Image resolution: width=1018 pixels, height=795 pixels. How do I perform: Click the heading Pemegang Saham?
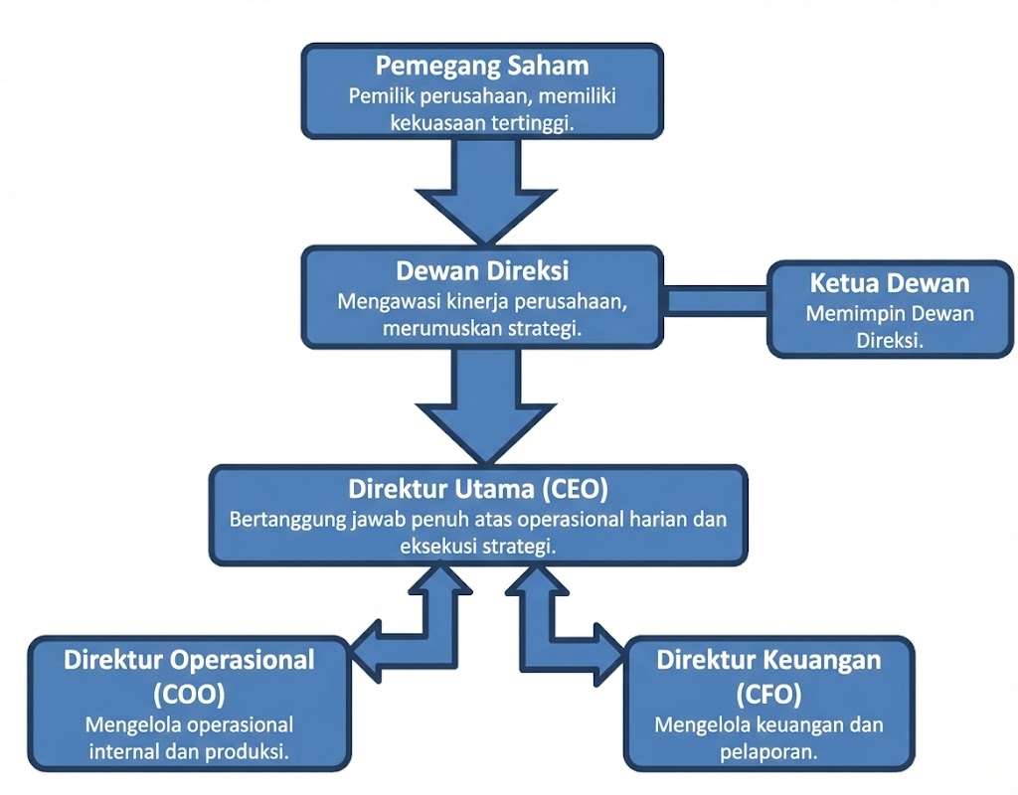coord(482,67)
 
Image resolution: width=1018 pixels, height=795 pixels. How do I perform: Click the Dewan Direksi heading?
coord(482,270)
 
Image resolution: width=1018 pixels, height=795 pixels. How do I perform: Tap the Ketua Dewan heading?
coord(890,283)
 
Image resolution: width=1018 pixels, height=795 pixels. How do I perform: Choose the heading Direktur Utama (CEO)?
coord(478,490)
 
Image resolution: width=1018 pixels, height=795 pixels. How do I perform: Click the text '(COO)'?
coord(189,692)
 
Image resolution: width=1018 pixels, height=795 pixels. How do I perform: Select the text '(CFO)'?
coord(768,692)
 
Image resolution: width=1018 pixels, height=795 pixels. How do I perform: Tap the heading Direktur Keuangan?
coord(768,660)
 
